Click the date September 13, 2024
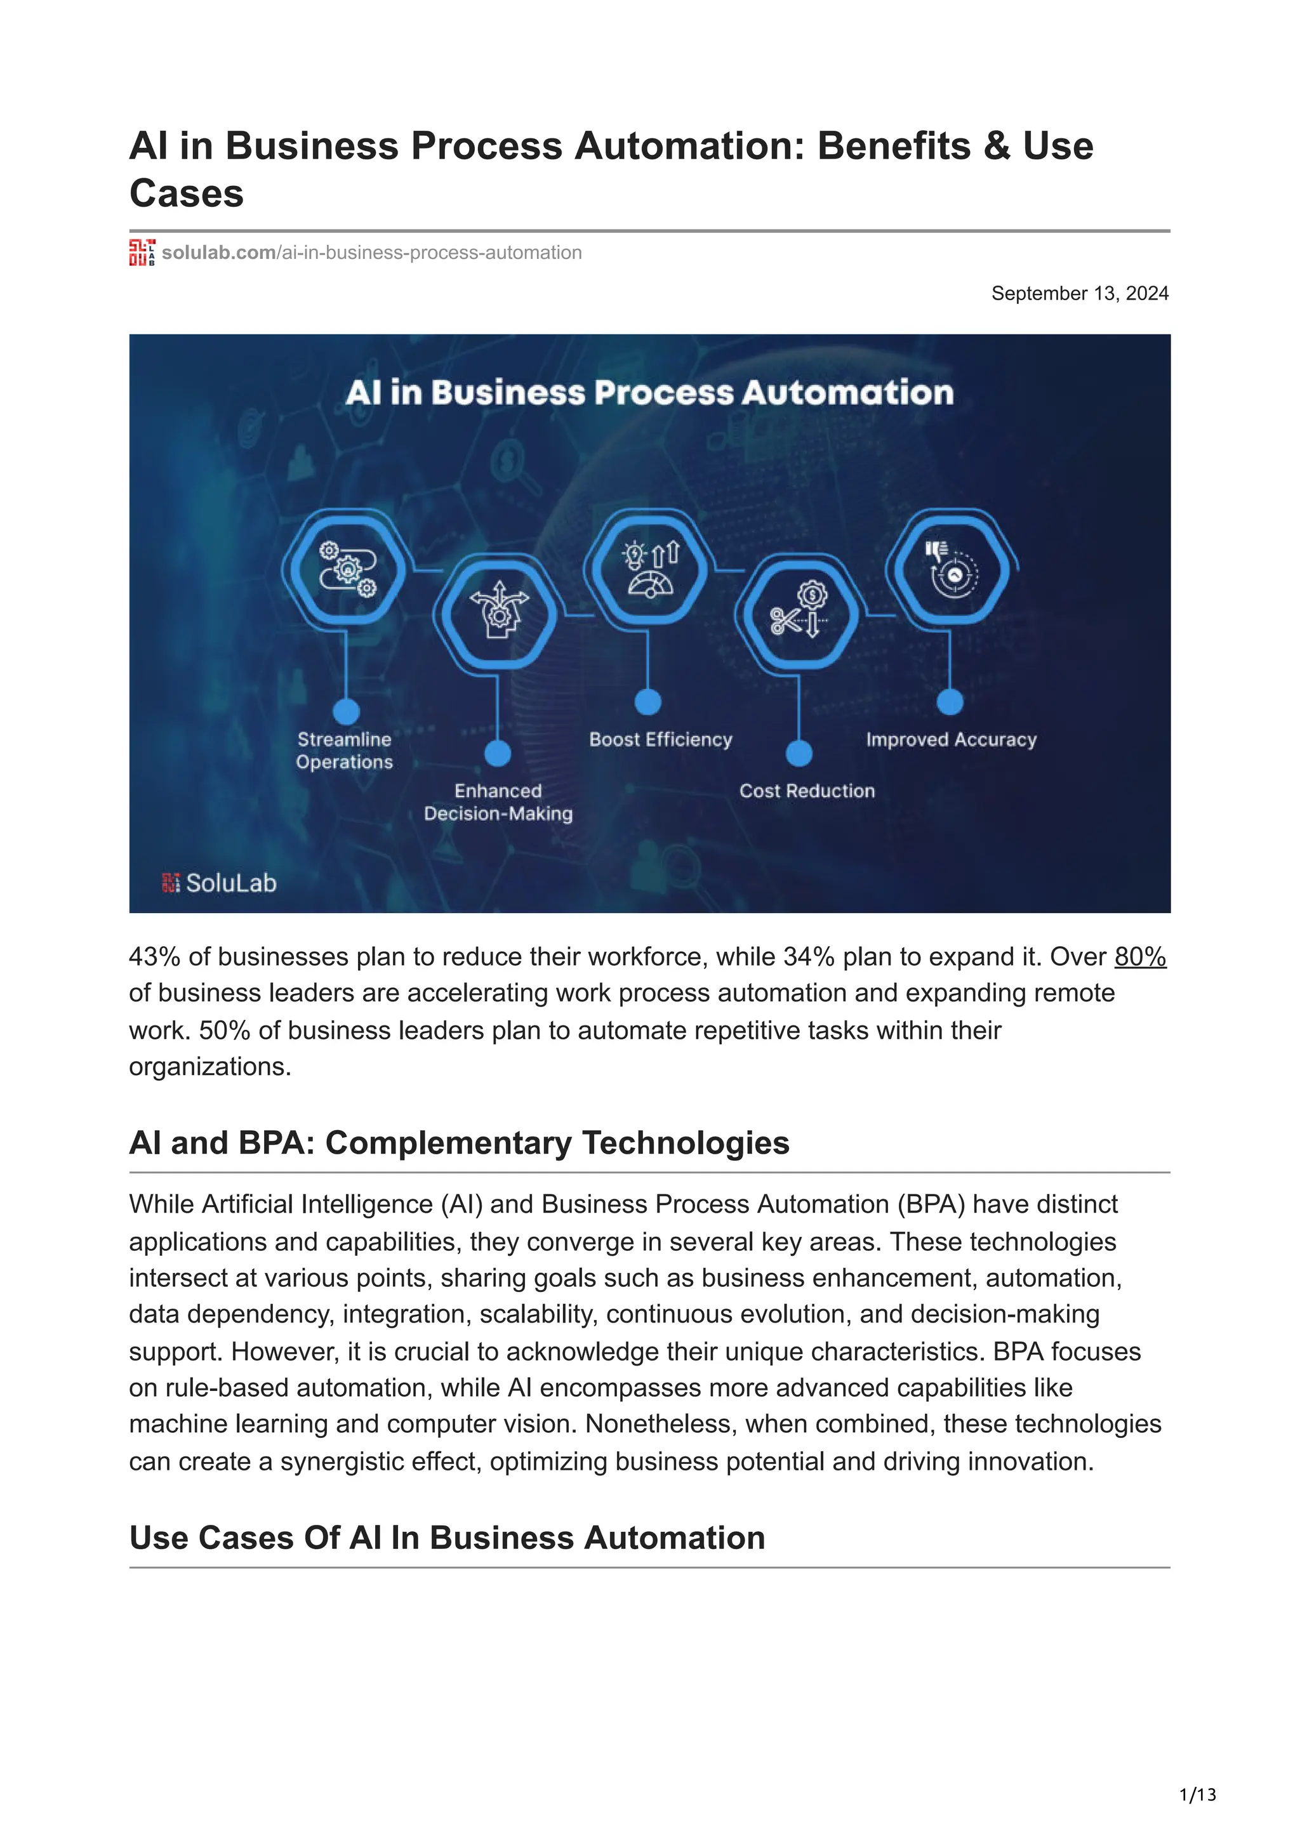pos(1079,293)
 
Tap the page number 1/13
pos(1197,1795)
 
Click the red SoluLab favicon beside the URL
pos(142,253)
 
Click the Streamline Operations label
pos(345,751)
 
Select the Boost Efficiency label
pos(661,739)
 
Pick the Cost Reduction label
pos(807,791)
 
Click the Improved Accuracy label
pos(951,739)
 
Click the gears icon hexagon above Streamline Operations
pos(346,569)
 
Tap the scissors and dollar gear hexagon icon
pos(799,614)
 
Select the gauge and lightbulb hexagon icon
pos(648,569)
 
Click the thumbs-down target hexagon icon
pos(950,568)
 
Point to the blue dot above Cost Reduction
pos(799,753)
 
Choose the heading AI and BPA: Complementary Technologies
pos(459,1143)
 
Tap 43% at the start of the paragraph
pos(156,956)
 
